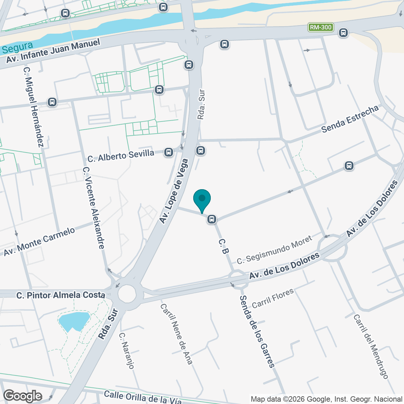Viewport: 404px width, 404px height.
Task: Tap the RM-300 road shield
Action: [321, 27]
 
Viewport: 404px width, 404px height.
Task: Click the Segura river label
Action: [17, 47]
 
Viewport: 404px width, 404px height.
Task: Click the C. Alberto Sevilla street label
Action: [121, 156]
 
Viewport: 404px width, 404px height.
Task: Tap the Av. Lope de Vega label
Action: [174, 191]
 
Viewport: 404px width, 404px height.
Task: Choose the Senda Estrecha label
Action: [350, 119]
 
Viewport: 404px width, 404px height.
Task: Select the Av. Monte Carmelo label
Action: [39, 241]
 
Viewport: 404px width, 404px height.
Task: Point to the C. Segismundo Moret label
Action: [274, 250]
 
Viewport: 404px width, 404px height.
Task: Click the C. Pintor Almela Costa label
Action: [61, 295]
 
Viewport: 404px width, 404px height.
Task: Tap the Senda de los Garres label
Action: [258, 331]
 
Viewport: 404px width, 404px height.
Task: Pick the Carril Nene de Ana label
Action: [176, 334]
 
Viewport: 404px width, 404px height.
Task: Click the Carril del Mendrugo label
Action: [371, 346]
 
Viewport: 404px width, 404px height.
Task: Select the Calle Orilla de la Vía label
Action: [143, 397]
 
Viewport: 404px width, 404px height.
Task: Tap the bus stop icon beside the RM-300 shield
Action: [343, 33]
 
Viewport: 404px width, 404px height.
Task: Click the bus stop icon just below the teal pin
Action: [211, 219]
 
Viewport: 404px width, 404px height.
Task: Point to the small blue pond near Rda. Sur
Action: [73, 321]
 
